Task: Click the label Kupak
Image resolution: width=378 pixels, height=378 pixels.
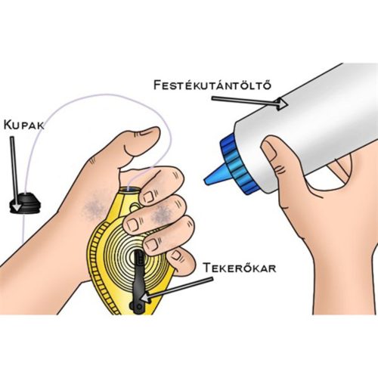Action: coord(24,125)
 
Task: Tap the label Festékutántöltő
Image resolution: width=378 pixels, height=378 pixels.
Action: coord(212,85)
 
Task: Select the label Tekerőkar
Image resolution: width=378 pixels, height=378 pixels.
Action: coord(240,268)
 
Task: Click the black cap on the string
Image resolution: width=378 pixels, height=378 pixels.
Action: coord(24,203)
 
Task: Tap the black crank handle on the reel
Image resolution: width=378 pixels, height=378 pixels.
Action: coord(138,282)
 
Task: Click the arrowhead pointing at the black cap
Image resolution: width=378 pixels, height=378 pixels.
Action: coord(17,206)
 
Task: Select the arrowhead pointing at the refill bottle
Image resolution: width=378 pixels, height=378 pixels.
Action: coord(282,104)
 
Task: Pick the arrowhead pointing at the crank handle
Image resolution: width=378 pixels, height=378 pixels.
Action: coord(146,298)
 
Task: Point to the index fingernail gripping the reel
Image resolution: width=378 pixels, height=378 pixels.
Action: coord(149,197)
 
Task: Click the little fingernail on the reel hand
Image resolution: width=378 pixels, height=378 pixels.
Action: coord(175,256)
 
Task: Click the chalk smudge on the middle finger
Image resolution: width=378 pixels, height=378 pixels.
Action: coord(160,214)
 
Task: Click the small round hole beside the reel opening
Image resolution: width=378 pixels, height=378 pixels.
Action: coord(134,208)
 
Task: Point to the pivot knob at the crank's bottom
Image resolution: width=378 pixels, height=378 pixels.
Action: coord(134,306)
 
